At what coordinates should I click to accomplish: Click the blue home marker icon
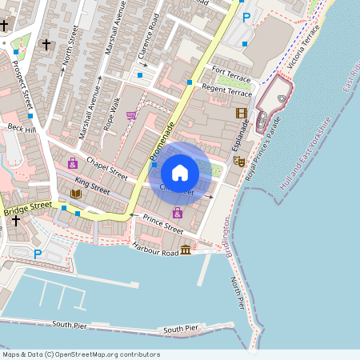click(180, 172)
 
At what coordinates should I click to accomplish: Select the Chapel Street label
click(107, 167)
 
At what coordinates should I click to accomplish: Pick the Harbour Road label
click(155, 249)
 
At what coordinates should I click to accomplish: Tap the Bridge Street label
click(26, 209)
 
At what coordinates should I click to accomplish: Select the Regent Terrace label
click(226, 90)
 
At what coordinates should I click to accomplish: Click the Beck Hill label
click(22, 129)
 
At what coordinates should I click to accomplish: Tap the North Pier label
click(238, 292)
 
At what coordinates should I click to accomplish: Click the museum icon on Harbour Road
click(186, 250)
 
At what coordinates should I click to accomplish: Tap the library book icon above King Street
click(76, 194)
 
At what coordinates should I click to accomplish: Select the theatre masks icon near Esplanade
click(238, 161)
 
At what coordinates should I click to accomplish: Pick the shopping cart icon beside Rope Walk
click(131, 115)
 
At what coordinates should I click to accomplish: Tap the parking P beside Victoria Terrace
click(246, 17)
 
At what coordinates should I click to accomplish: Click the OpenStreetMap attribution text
click(80, 354)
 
